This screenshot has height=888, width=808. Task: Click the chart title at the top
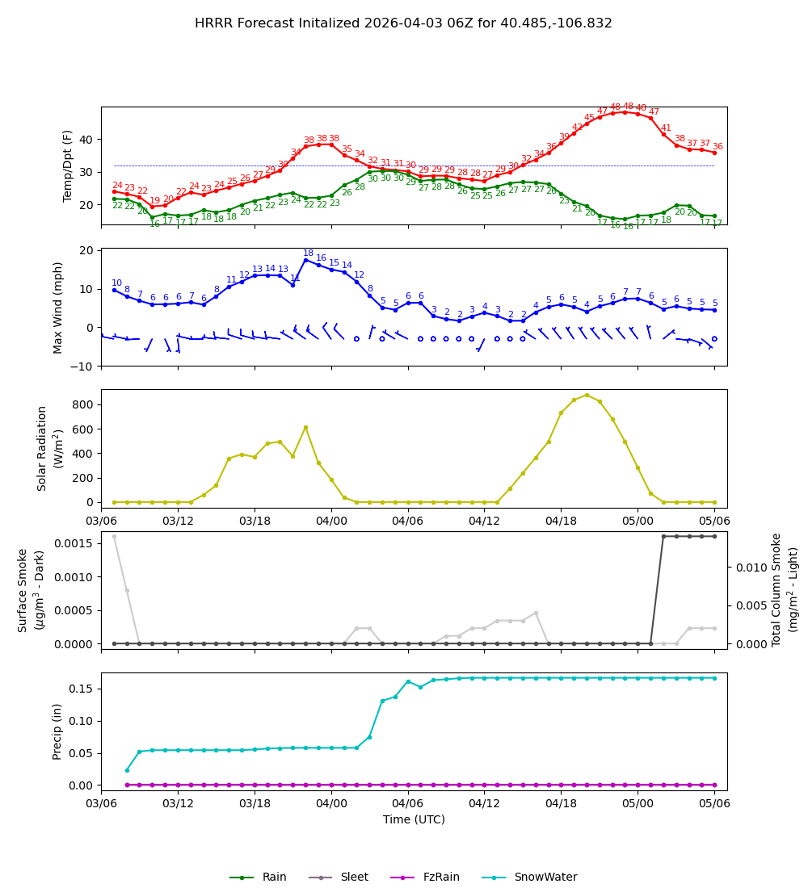(403, 23)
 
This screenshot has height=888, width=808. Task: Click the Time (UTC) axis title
(414, 819)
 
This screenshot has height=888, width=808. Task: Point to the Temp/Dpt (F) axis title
(68, 165)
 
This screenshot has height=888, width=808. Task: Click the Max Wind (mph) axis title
(58, 307)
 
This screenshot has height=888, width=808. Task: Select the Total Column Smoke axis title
(784, 589)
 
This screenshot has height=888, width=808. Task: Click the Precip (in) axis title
(57, 731)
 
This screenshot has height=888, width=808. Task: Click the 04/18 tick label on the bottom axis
(561, 803)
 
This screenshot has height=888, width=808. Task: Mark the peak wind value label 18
(308, 253)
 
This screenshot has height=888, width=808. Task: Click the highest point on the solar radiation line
(587, 395)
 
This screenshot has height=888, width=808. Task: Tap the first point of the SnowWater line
(127, 770)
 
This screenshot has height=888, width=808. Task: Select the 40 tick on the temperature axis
(85, 140)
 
